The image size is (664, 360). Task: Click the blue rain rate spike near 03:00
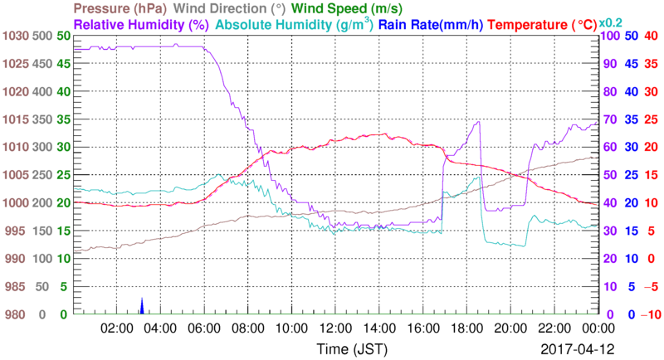point(142,306)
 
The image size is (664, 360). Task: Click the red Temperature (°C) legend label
point(547,24)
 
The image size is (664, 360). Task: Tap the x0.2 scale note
point(611,22)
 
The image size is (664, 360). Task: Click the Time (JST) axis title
point(350,347)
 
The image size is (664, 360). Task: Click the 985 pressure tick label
point(17,287)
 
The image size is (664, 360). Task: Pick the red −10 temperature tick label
point(647,314)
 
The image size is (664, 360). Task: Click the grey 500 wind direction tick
point(42,36)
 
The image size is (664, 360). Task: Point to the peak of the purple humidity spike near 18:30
point(479,122)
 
